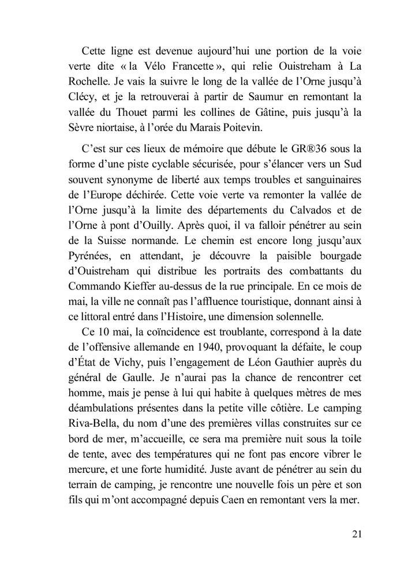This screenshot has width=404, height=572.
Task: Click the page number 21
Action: [356, 533]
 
